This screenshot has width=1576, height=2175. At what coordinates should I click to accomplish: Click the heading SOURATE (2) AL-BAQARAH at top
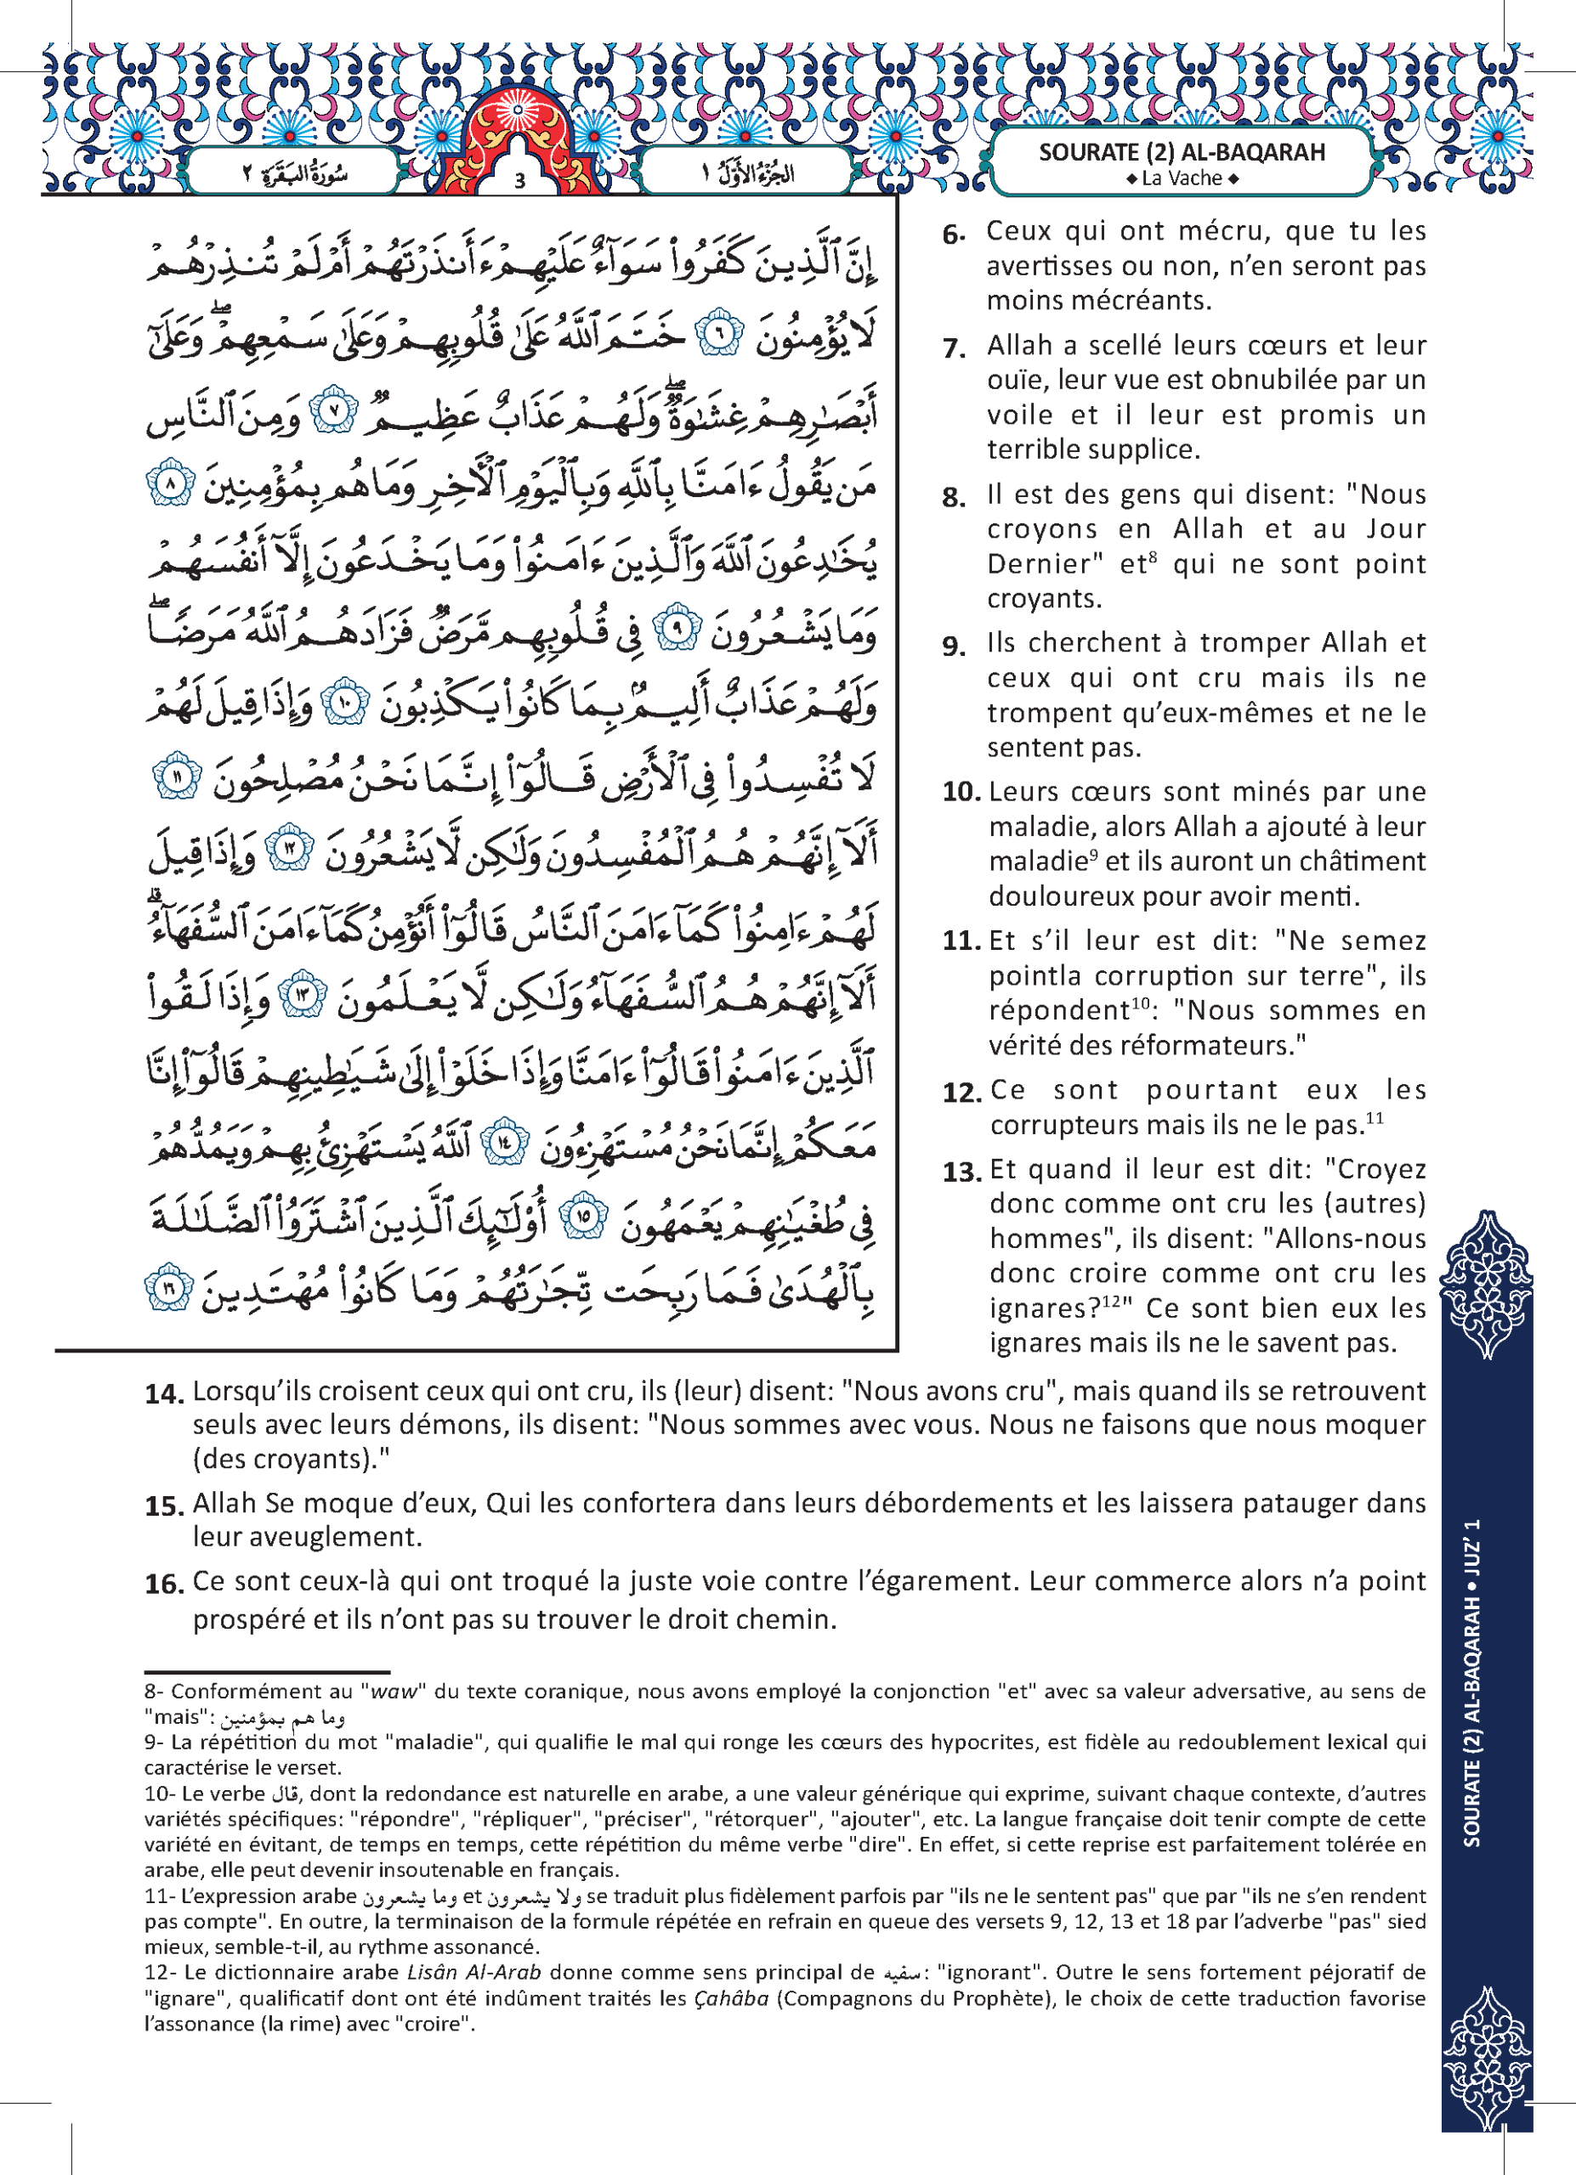tap(1182, 152)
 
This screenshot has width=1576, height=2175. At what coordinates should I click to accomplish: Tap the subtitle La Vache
tap(1182, 178)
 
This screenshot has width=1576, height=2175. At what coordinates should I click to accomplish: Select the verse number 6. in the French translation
tap(954, 233)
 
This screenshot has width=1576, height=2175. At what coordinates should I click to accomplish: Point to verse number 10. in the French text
tap(961, 792)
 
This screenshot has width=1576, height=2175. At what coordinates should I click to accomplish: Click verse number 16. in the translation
tap(164, 1584)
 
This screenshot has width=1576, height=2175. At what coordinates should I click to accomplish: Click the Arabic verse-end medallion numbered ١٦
tap(170, 1290)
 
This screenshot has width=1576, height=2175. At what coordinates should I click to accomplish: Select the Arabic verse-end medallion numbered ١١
tap(179, 777)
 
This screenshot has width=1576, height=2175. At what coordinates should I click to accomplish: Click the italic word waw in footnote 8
tap(394, 1692)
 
